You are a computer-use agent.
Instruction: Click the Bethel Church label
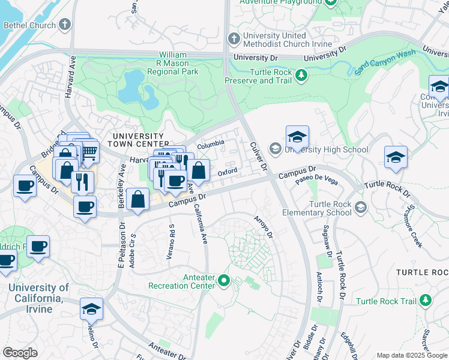pyautogui.click(x=29, y=25)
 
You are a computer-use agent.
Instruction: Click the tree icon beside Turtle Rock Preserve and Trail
pyautogui.click(x=302, y=76)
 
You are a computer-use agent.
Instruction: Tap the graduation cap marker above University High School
pyautogui.click(x=297, y=137)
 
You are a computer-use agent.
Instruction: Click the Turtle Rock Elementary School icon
pyautogui.click(x=360, y=208)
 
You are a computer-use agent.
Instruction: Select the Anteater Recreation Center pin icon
pyautogui.click(x=224, y=280)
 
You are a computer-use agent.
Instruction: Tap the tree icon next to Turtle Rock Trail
pyautogui.click(x=426, y=299)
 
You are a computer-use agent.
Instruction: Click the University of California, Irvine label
pyautogui.click(x=38, y=298)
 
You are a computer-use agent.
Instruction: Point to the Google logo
pyautogui.click(x=19, y=352)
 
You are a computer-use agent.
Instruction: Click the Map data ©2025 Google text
pyautogui.click(x=411, y=355)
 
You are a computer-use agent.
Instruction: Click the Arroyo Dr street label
pyautogui.click(x=263, y=227)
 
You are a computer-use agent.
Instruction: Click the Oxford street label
pyautogui.click(x=228, y=172)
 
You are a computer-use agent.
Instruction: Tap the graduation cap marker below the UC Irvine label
pyautogui.click(x=91, y=309)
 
